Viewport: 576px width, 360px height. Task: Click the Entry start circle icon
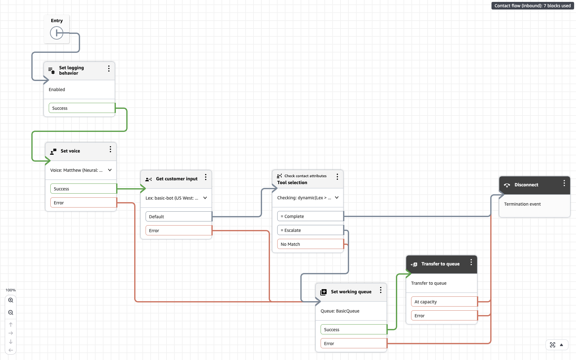point(57,33)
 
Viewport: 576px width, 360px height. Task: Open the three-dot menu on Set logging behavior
point(109,69)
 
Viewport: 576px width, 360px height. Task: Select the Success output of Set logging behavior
point(82,108)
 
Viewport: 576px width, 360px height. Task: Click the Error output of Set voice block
point(83,203)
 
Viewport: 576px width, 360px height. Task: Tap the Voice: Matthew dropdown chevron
point(110,170)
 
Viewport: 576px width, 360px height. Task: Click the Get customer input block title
point(177,179)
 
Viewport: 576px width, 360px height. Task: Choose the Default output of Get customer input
point(178,217)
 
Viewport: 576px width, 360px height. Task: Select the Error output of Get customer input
point(178,231)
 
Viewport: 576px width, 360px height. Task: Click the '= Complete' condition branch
point(310,216)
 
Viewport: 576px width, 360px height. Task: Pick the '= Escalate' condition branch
point(310,230)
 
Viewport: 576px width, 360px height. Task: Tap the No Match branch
point(310,244)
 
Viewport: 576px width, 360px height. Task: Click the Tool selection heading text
point(292,183)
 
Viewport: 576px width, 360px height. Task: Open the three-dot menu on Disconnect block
point(564,183)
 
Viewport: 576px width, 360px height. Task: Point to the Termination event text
point(522,204)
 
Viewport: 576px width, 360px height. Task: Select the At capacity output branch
point(444,302)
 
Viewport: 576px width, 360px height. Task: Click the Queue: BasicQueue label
point(340,311)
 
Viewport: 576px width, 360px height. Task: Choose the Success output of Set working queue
point(354,330)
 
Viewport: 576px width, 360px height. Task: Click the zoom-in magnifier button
point(11,300)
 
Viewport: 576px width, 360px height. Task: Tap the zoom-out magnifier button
point(11,313)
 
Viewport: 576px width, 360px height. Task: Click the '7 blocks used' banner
point(532,6)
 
